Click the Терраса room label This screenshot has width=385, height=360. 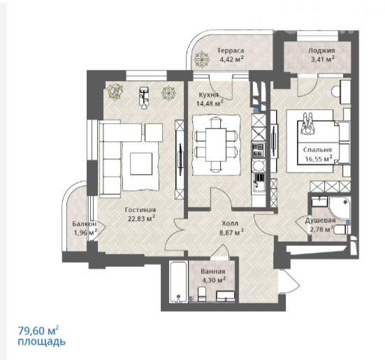[x=231, y=50]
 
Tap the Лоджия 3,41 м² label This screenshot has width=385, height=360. [x=321, y=55]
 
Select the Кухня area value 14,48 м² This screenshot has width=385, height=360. [x=210, y=103]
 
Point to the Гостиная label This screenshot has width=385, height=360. [x=140, y=210]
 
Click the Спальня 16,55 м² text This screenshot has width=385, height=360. [x=319, y=154]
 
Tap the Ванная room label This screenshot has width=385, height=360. [x=213, y=272]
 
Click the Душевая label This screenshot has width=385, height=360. [x=320, y=220]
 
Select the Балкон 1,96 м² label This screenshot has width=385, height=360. [x=85, y=228]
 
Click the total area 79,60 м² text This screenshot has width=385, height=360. [x=38, y=331]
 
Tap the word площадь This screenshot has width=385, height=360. [x=41, y=342]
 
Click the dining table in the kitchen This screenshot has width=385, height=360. [x=216, y=145]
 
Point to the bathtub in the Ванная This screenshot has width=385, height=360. [x=179, y=282]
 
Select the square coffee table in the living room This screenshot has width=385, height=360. [x=141, y=164]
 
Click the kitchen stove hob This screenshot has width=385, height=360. [x=259, y=150]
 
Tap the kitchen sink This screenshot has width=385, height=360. [x=259, y=182]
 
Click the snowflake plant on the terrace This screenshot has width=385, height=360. [x=202, y=59]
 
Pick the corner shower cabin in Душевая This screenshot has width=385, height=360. [x=340, y=208]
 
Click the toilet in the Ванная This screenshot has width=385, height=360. [x=202, y=294]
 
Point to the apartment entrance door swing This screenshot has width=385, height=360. [x=290, y=281]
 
